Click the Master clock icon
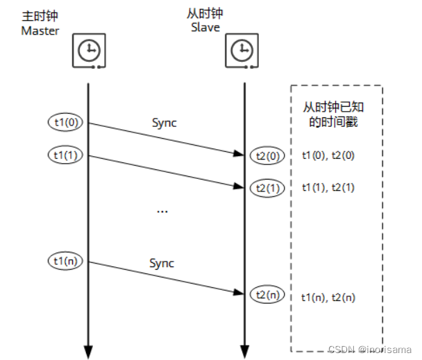[88, 53]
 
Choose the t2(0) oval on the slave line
[268, 155]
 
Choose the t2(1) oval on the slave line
[268, 187]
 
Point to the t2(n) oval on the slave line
[268, 294]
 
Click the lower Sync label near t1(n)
[162, 264]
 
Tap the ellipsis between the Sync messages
[162, 210]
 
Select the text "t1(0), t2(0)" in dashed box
[328, 155]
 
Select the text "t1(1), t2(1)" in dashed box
[328, 187]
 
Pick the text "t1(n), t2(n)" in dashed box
[328, 297]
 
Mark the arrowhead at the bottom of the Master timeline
[88, 352]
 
